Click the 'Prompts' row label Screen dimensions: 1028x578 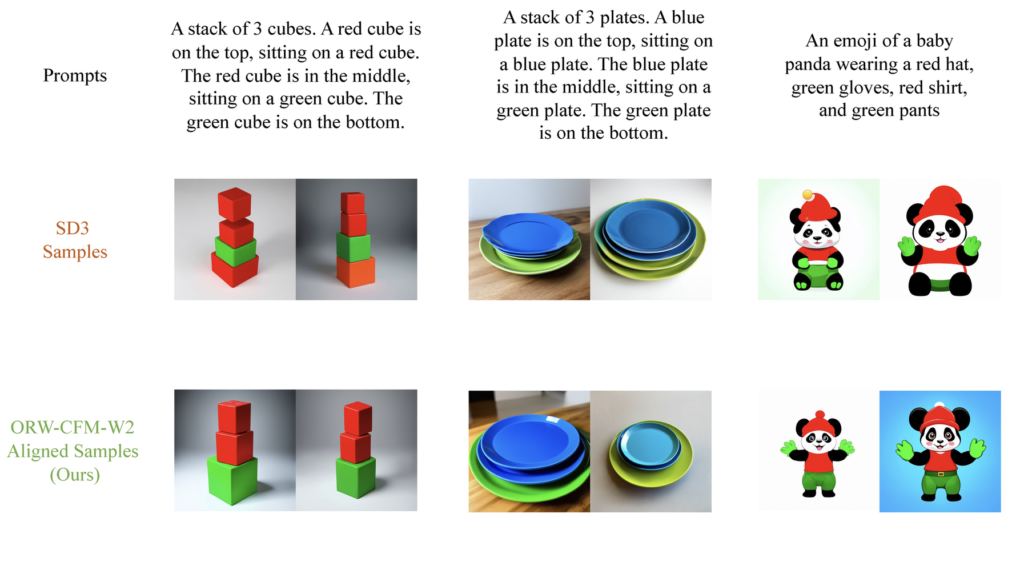click(75, 75)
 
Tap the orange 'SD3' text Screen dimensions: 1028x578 click(72, 228)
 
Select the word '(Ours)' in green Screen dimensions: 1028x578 click(75, 475)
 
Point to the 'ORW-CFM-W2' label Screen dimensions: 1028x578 click(73, 427)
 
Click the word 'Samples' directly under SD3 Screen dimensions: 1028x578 click(75, 252)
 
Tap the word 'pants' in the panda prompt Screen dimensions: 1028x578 click(918, 111)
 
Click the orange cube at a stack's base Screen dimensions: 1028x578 click(356, 272)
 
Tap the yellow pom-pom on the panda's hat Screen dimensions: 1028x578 click(808, 195)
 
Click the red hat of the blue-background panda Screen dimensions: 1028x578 click(940, 415)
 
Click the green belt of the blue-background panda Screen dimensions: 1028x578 click(940, 473)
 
